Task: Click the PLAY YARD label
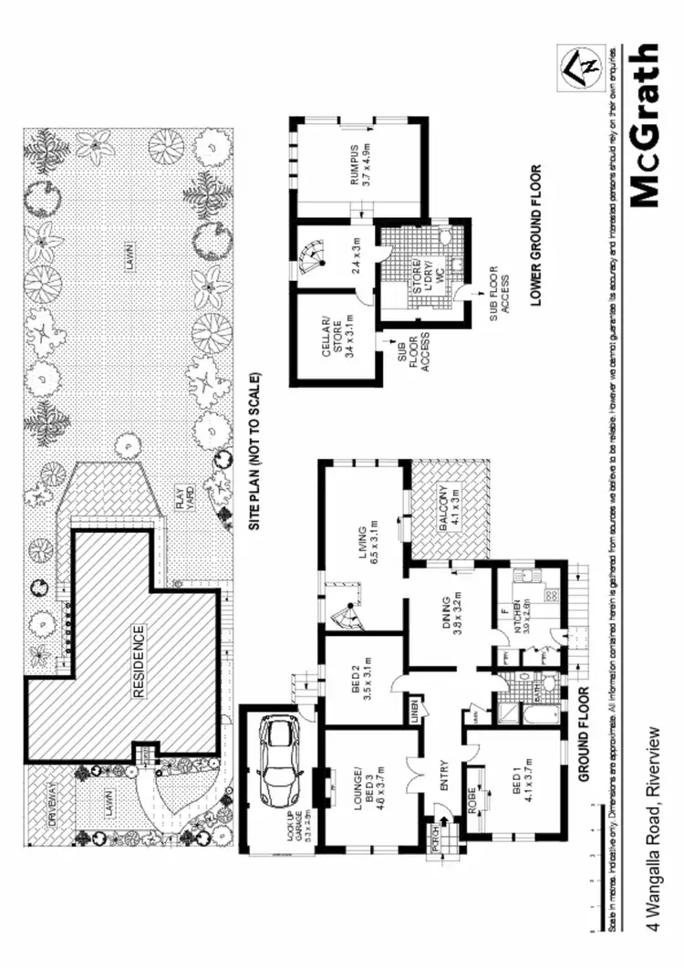[x=185, y=498]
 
